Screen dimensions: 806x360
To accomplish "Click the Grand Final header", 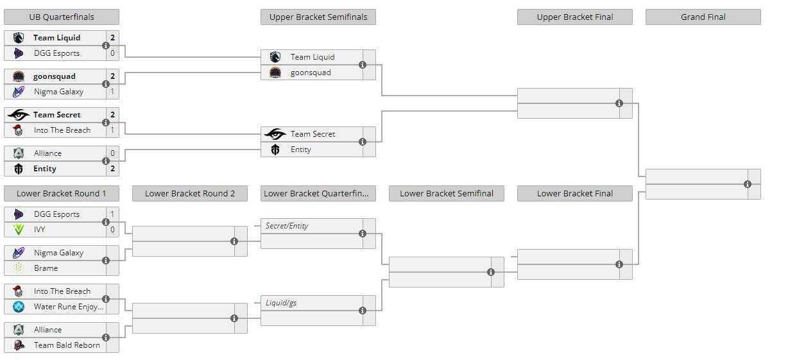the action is coord(703,17).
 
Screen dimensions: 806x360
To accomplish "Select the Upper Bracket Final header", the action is coord(574,17).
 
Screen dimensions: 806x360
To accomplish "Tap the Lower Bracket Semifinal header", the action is coord(446,194).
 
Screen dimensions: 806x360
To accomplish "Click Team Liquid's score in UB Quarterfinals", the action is coord(113,37).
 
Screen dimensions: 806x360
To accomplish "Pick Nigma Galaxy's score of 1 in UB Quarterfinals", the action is coord(113,92).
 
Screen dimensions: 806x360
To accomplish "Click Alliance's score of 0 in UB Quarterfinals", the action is coord(113,153).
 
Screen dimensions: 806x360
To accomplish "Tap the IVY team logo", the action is coord(19,230).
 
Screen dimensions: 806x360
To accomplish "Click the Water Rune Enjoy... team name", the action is coord(69,307).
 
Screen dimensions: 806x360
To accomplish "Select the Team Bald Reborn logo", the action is coord(19,345).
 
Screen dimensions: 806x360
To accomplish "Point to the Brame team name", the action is coord(46,268).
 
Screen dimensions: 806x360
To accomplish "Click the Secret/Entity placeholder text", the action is coord(287,226).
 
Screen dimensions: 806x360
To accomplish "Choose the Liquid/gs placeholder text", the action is coord(281,303).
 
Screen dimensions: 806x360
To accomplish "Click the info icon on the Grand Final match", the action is coord(748,184).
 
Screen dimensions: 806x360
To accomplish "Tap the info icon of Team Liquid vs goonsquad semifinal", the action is coord(363,65).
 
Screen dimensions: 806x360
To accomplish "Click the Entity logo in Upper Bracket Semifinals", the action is coord(275,150).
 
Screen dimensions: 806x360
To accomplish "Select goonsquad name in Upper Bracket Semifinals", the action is coord(311,73).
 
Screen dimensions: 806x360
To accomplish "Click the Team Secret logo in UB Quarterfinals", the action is coord(19,115).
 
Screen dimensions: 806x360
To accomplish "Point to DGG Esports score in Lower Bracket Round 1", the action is coord(113,214).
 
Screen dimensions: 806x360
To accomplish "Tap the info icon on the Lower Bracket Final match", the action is coord(619,264).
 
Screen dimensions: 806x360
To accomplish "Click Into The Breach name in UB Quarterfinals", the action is coord(62,130).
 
